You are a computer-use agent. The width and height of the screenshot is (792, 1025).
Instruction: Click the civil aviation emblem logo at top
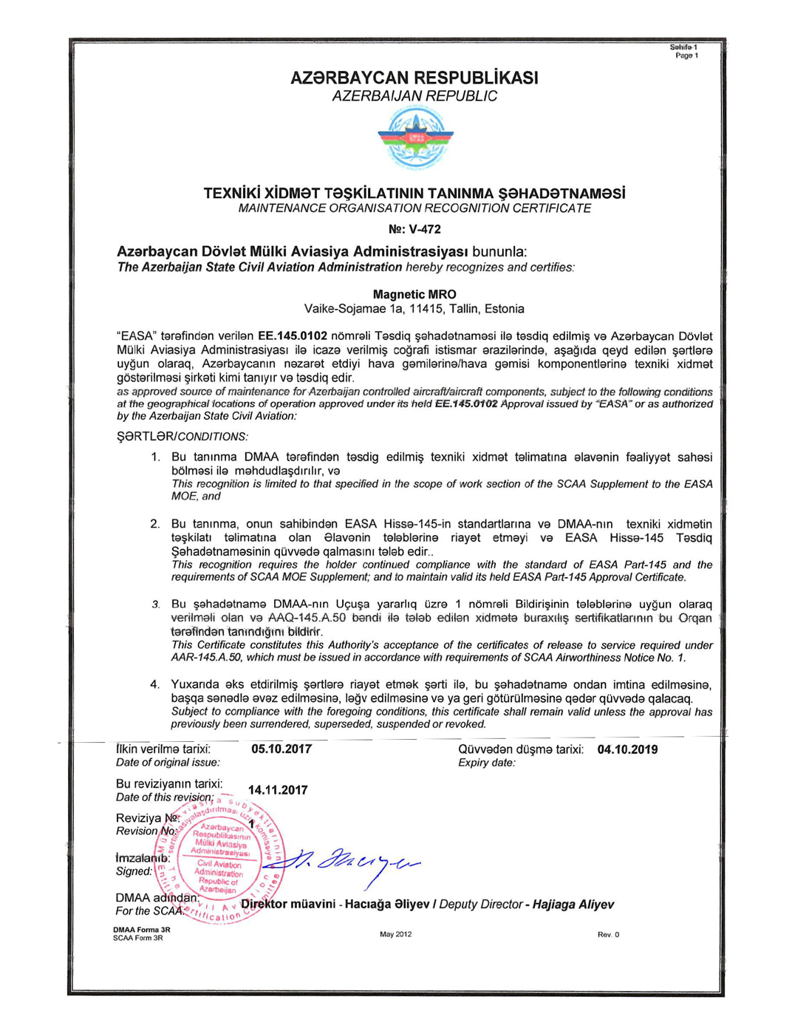point(415,139)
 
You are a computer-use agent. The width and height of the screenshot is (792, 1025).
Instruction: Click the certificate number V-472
point(414,229)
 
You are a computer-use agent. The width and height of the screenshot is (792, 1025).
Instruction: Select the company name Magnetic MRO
point(414,294)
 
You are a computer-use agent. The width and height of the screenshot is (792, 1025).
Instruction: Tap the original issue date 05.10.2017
point(281,749)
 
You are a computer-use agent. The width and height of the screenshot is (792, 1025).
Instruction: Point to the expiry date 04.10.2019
point(627,749)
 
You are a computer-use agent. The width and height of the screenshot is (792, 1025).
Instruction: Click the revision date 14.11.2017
point(278,790)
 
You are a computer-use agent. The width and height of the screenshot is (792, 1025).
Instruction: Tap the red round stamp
point(219,861)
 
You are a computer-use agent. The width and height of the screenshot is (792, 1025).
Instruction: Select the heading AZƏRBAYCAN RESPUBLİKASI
point(414,78)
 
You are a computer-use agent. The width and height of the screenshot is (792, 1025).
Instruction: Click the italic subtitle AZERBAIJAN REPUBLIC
point(414,96)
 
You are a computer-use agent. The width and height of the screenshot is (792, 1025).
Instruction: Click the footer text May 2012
point(395,934)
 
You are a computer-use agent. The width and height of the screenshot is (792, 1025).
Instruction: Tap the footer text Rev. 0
point(608,935)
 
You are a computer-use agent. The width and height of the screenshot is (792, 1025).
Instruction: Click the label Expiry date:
point(486,763)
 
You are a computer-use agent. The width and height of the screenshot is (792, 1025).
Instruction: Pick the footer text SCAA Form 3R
point(138,938)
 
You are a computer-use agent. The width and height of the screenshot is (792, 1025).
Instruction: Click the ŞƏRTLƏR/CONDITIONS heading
point(182,437)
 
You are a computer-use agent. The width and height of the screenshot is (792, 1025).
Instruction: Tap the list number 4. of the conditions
point(155,684)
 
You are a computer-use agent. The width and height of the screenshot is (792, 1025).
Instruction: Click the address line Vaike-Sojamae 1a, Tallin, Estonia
point(414,309)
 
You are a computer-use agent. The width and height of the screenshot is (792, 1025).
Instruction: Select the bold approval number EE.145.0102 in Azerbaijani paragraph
point(293,336)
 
